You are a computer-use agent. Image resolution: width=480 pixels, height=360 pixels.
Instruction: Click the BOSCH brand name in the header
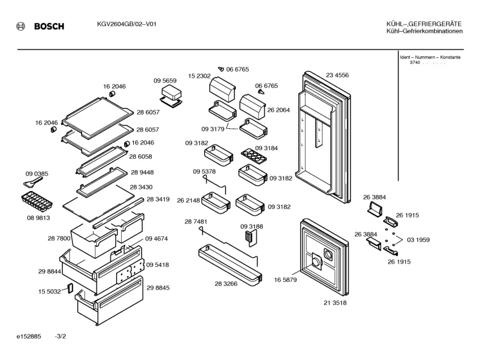tap(49, 27)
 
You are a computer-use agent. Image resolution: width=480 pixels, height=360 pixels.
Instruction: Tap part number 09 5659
tap(165, 81)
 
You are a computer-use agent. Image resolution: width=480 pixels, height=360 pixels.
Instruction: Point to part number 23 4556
tap(337, 75)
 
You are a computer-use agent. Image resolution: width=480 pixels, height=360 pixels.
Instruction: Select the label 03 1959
tap(418, 240)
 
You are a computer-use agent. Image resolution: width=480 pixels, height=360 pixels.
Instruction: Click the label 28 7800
tap(59, 239)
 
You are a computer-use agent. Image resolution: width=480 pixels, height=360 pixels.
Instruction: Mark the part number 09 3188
tap(252, 226)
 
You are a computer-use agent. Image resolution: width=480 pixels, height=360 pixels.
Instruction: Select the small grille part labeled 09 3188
tap(249, 237)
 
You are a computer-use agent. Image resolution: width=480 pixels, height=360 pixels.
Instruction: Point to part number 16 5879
tap(286, 279)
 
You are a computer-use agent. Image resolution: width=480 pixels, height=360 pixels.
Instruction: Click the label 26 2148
tap(188, 200)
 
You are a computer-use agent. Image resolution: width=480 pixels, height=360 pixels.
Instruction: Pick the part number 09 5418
tap(158, 264)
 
